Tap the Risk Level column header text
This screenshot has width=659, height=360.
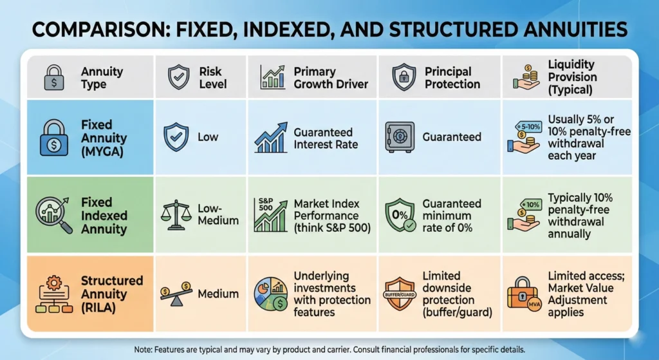tap(212, 77)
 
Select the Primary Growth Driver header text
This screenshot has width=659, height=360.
tap(331, 77)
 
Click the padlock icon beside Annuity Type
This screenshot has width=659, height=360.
tap(54, 78)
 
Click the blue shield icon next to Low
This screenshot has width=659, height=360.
tap(177, 137)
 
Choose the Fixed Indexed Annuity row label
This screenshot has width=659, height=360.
tap(104, 216)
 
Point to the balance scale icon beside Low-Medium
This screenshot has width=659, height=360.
tap(177, 214)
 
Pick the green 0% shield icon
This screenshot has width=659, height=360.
tap(400, 216)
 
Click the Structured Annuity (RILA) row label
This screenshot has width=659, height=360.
tap(111, 294)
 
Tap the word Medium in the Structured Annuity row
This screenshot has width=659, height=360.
tap(218, 294)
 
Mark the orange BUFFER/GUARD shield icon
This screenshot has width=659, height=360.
tap(400, 293)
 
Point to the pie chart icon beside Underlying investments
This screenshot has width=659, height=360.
tap(271, 294)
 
